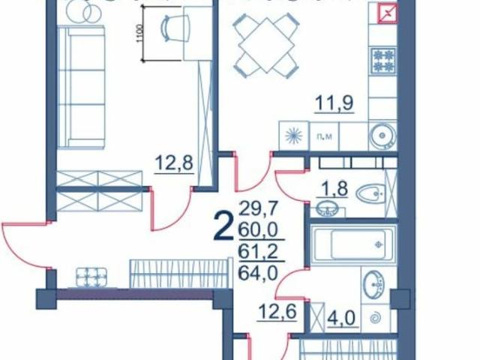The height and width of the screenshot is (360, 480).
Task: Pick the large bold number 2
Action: click(223, 226)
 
